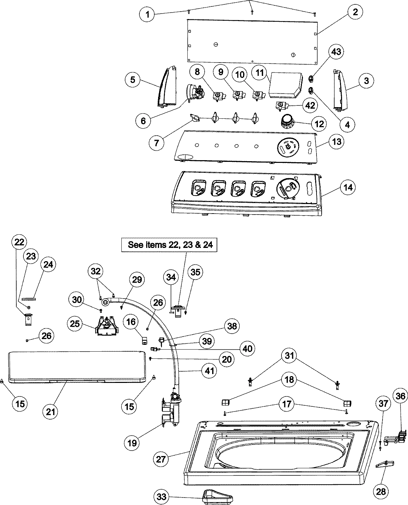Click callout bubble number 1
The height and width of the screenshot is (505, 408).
point(147,14)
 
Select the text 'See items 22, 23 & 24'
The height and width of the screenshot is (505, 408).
point(169,244)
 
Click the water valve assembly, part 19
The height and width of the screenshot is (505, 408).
point(171,409)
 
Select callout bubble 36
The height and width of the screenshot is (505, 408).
point(401,395)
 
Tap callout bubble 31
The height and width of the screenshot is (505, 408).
point(289,356)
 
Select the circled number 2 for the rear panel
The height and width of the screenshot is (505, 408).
point(355,13)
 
